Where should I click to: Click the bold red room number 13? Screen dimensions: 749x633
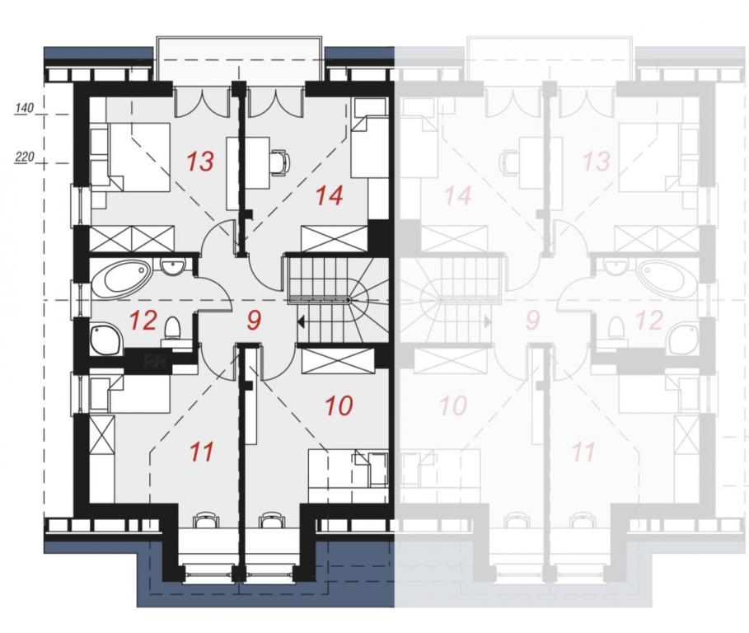[200, 161]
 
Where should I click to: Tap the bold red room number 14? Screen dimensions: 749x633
[329, 195]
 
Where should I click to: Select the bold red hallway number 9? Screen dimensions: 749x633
[254, 320]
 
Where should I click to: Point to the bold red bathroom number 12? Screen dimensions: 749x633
[143, 320]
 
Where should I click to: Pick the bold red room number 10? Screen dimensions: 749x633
[339, 406]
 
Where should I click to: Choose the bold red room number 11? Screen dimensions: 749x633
[201, 452]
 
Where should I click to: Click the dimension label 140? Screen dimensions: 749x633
[25, 108]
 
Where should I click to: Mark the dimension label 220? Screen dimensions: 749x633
[25, 157]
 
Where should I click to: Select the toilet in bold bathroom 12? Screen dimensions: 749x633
[172, 328]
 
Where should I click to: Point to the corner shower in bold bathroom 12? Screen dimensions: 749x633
[106, 340]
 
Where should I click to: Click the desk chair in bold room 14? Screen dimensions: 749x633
[280, 162]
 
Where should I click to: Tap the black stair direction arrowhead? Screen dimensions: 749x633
[302, 322]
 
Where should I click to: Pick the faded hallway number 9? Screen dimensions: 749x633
[532, 320]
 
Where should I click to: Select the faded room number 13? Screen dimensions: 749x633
[597, 161]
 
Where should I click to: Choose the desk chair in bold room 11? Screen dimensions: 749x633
[206, 519]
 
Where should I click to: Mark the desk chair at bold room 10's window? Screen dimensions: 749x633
[271, 519]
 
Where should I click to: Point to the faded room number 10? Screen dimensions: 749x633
[453, 406]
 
